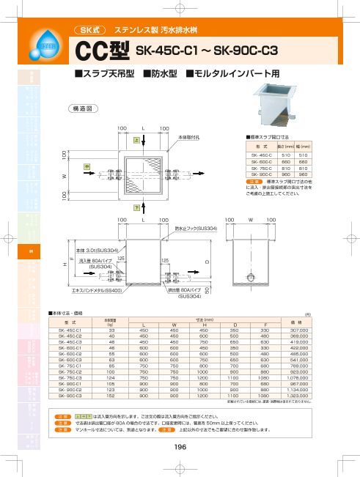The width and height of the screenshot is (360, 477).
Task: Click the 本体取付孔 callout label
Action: click(189, 136)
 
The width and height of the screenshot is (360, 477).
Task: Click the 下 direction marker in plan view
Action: click(136, 208)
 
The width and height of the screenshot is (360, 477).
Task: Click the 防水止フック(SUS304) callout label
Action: click(196, 229)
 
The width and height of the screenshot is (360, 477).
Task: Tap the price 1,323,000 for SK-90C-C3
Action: click(298, 395)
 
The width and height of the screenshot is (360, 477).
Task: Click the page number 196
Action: click(180, 446)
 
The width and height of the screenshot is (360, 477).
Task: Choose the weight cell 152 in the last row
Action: click(111, 395)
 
